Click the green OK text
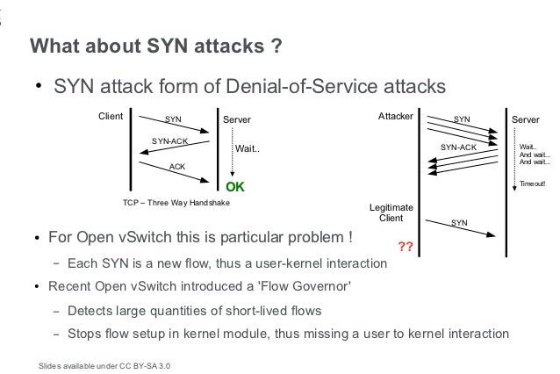(234, 187)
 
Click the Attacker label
(395, 116)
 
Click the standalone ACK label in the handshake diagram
(176, 165)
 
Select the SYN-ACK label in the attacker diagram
(458, 147)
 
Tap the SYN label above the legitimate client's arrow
(458, 223)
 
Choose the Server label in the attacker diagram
(527, 118)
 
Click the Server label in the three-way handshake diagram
(237, 118)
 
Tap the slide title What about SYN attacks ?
(155, 46)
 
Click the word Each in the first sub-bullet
(82, 263)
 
